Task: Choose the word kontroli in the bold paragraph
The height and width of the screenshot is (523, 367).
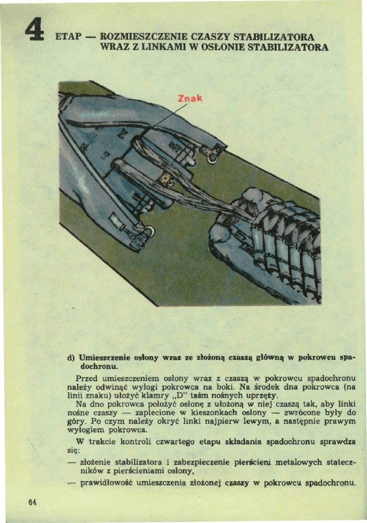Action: click(126, 442)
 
